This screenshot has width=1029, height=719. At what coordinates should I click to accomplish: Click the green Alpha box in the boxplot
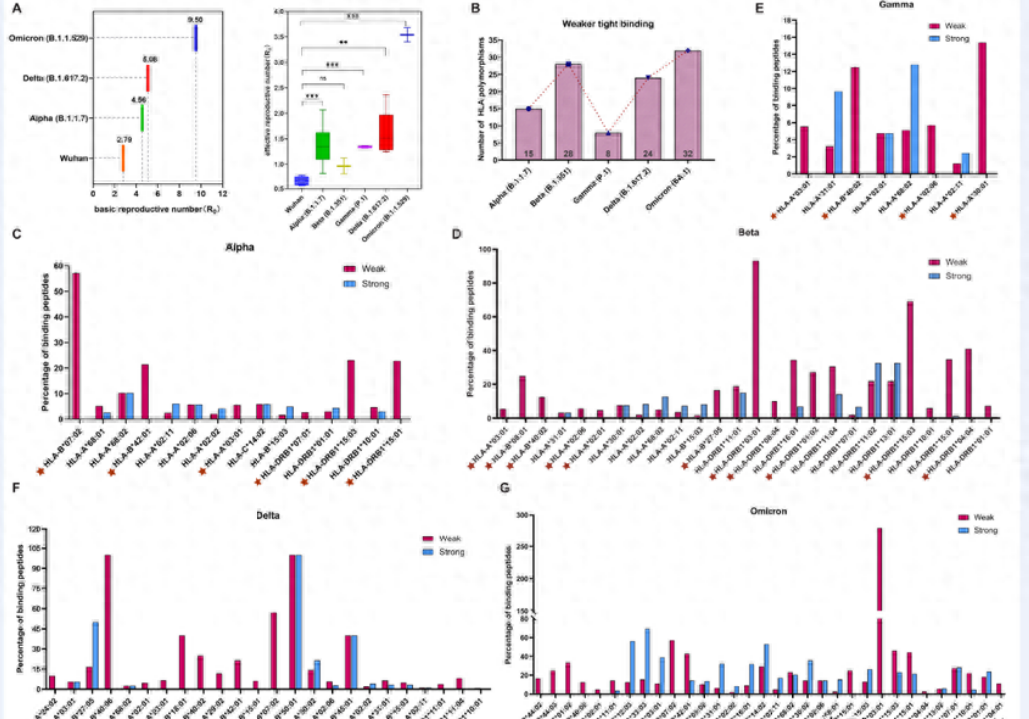click(321, 145)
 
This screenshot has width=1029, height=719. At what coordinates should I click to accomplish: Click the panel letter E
click(733, 8)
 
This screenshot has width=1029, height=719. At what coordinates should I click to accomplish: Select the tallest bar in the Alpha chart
click(76, 345)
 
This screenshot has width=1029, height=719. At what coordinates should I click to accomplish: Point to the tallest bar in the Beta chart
click(755, 339)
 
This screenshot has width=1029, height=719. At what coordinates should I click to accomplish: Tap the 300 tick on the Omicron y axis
click(519, 514)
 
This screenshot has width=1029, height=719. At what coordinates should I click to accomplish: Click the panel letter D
click(455, 234)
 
